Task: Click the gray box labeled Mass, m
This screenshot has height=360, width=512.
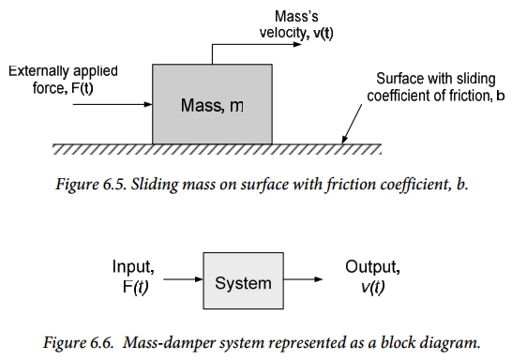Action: coord(212,104)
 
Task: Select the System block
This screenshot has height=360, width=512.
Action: coord(243,280)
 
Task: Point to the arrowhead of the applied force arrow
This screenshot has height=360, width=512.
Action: coord(148,104)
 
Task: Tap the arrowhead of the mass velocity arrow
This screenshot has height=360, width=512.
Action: coord(297,44)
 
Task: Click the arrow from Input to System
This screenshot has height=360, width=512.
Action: coord(183,279)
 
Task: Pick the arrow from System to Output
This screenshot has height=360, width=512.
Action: coord(303,279)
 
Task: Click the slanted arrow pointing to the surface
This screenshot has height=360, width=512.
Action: coord(352,124)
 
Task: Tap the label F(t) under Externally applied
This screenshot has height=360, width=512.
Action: coord(82,88)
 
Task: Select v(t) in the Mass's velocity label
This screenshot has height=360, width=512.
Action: coord(324,33)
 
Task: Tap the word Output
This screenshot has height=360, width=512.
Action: coord(372,266)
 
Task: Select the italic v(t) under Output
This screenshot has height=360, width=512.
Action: coord(373,287)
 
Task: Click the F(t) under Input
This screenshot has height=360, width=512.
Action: coord(136,287)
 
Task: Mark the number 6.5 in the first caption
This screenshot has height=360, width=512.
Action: coord(115,184)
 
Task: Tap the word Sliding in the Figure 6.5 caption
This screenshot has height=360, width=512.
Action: coord(155,185)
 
